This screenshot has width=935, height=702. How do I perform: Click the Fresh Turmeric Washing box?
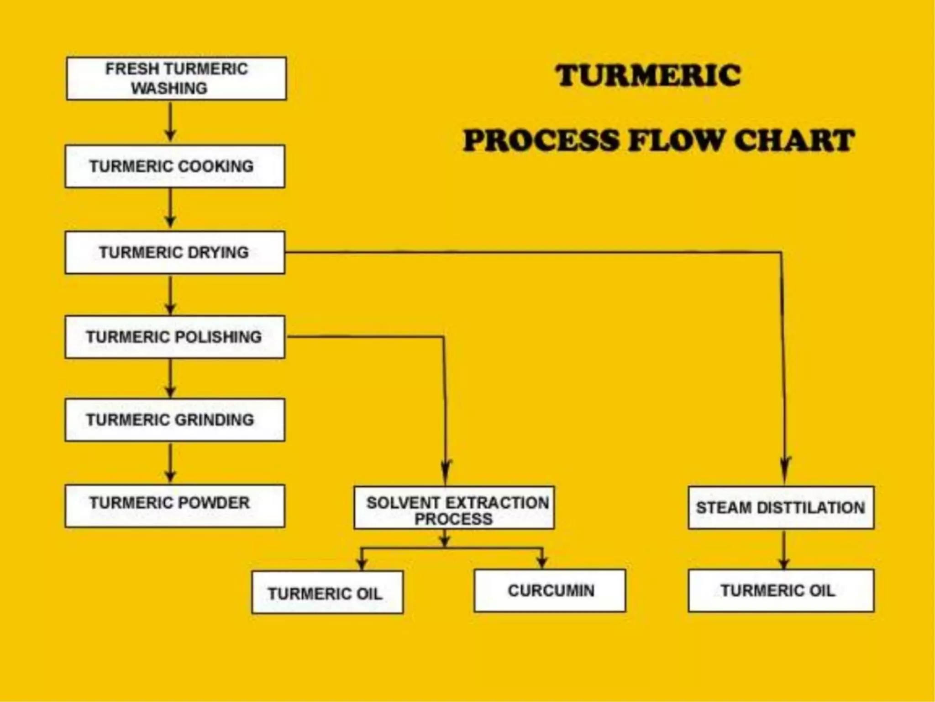pyautogui.click(x=176, y=78)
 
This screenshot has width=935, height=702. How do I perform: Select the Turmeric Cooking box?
pyautogui.click(x=175, y=166)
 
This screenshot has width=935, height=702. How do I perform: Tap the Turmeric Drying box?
pyautogui.click(x=175, y=252)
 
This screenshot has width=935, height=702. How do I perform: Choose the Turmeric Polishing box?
pyautogui.click(x=175, y=337)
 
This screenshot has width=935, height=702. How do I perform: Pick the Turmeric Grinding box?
pyautogui.click(x=175, y=420)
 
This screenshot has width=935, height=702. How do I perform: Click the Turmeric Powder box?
pyautogui.click(x=175, y=506)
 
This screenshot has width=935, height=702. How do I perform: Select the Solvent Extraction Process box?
pyautogui.click(x=454, y=508)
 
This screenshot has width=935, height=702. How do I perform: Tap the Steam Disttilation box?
pyautogui.click(x=781, y=508)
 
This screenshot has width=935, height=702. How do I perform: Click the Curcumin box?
pyautogui.click(x=550, y=590)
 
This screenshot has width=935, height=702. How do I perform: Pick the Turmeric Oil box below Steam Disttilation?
pyautogui.click(x=781, y=590)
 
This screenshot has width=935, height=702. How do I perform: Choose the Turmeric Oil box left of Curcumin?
pyautogui.click(x=327, y=592)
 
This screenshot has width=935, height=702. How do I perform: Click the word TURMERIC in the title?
pyautogui.click(x=648, y=75)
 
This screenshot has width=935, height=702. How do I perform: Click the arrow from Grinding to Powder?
pyautogui.click(x=170, y=462)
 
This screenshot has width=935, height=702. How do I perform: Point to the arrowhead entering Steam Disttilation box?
pyautogui.click(x=785, y=468)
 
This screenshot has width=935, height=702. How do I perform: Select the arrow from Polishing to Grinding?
pyautogui.click(x=170, y=378)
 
